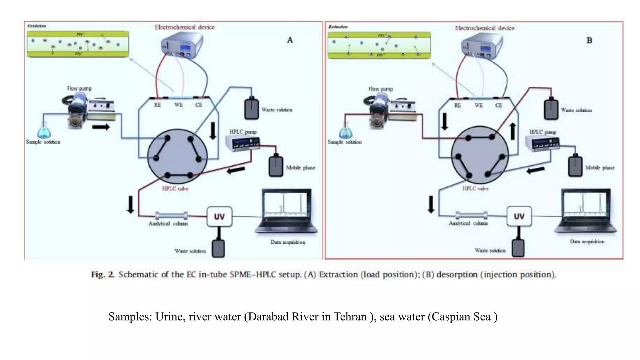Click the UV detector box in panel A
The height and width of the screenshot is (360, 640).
(x=219, y=217)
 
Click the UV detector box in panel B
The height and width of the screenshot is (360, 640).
(x=519, y=216)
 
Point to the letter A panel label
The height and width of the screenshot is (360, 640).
(x=290, y=40)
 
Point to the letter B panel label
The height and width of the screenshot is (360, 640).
(x=589, y=41)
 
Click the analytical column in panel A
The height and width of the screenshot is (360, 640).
(x=171, y=216)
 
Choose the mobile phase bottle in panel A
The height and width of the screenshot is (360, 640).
(x=276, y=166)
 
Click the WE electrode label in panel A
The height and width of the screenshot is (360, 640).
(x=178, y=105)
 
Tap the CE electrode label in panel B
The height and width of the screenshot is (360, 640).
(x=498, y=106)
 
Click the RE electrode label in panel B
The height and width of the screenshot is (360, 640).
(x=457, y=106)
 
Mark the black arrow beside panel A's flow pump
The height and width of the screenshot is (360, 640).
(x=101, y=127)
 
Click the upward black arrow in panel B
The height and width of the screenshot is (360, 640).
(x=512, y=131)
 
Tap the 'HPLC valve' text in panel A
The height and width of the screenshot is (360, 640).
(x=175, y=189)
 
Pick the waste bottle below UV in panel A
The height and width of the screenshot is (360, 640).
(x=218, y=248)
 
